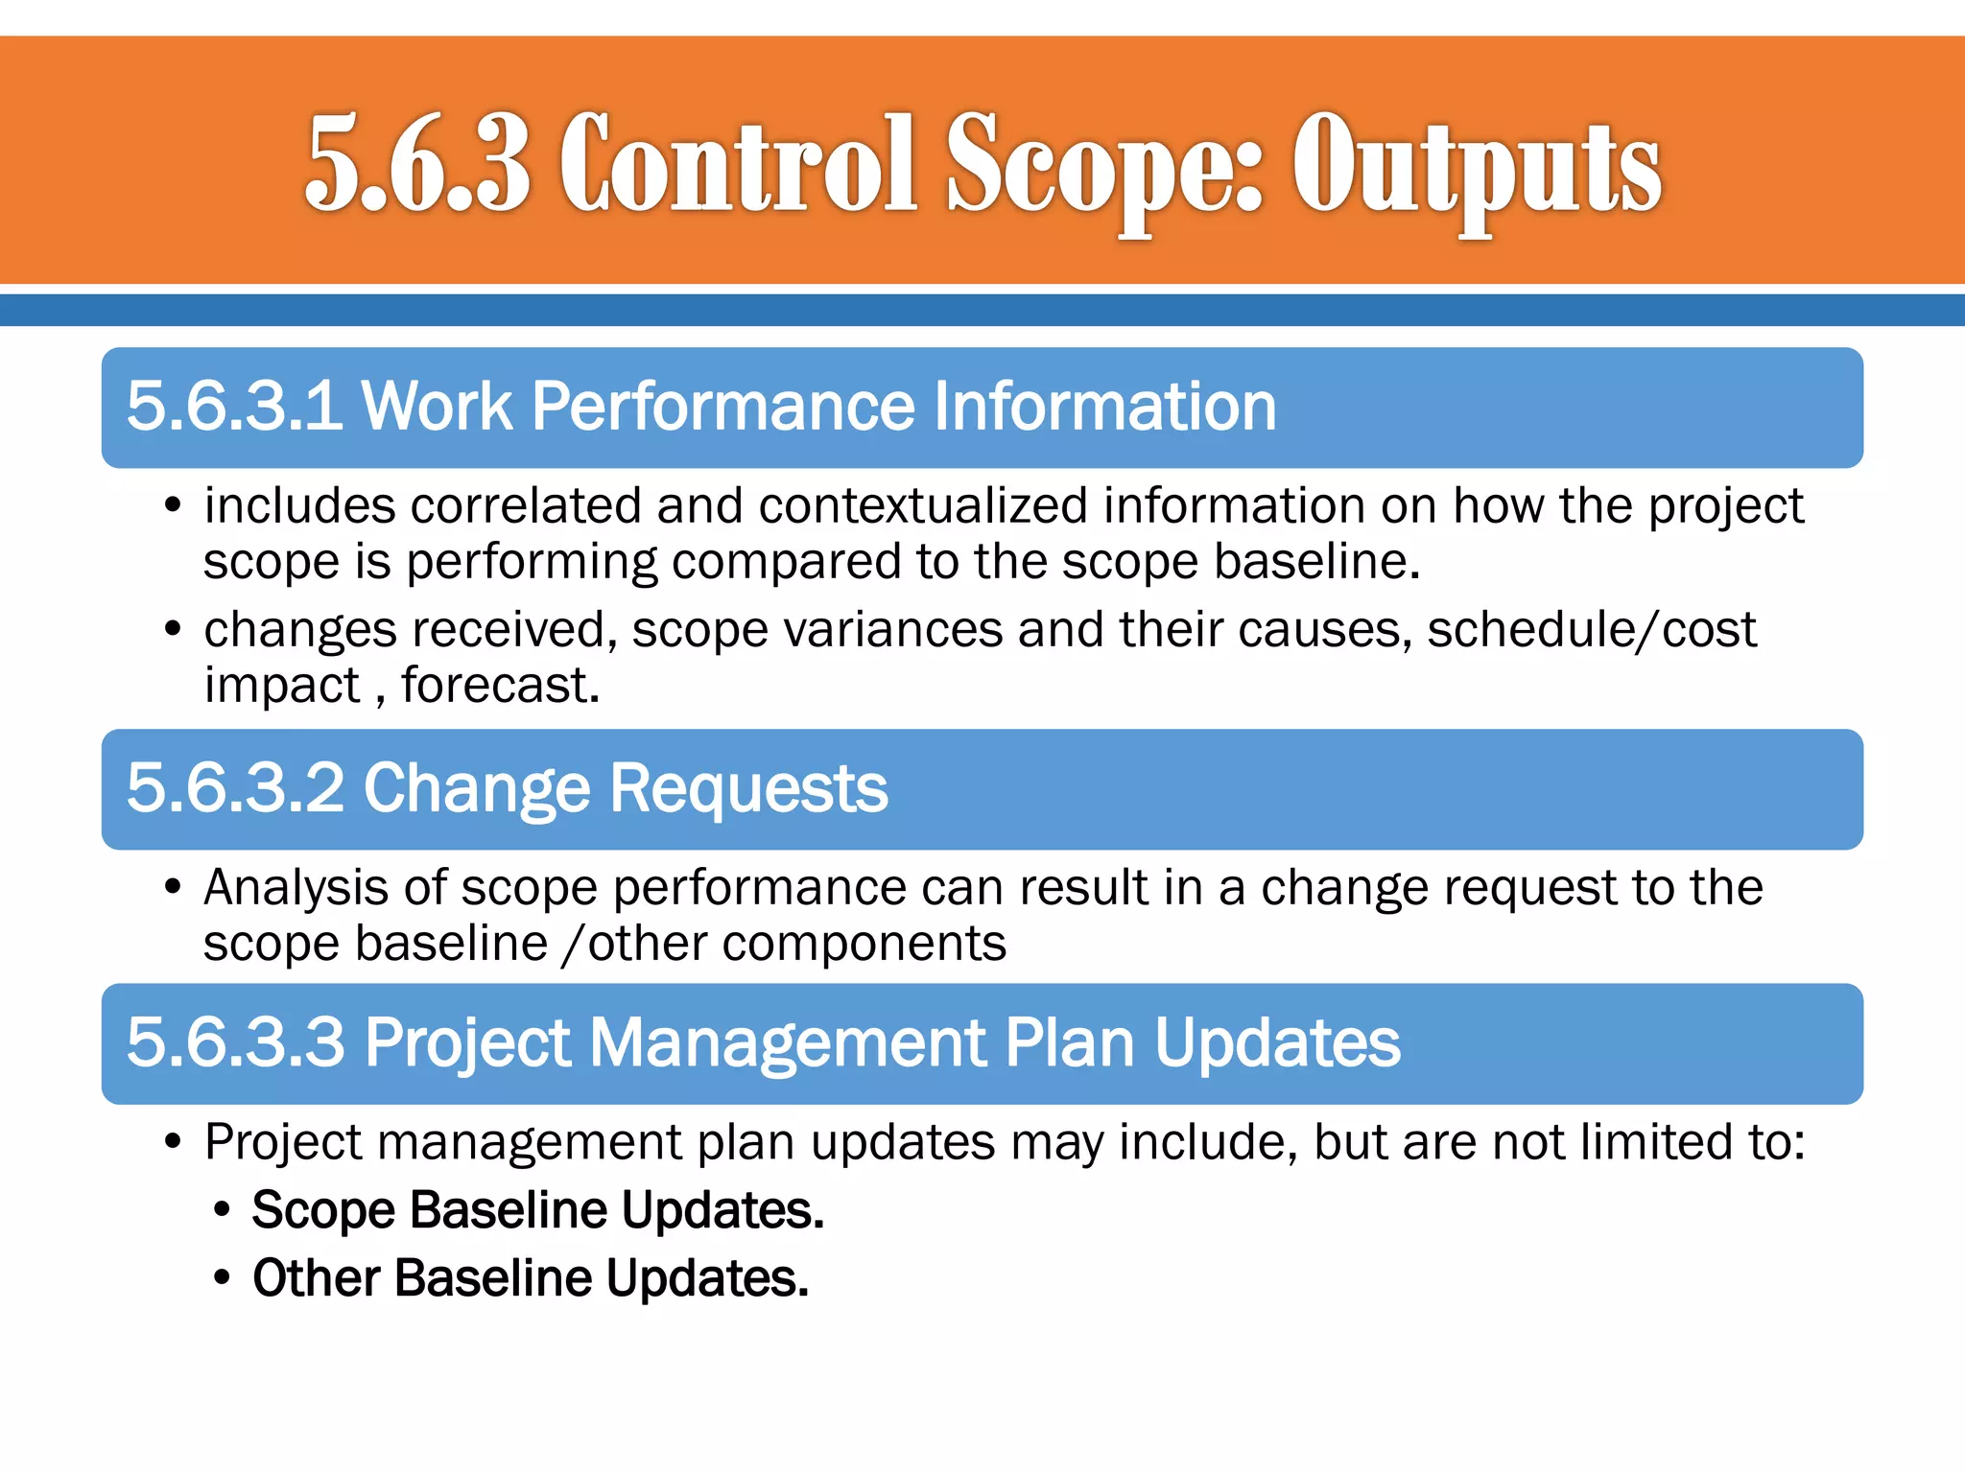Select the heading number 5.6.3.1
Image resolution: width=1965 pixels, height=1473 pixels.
[234, 407]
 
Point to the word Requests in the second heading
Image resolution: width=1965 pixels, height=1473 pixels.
[748, 788]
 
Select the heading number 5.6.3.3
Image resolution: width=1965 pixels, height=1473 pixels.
[235, 1042]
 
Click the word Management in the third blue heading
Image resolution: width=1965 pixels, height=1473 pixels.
[788, 1042]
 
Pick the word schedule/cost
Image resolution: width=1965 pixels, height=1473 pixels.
[1591, 630]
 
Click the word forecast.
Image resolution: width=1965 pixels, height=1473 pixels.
[500, 686]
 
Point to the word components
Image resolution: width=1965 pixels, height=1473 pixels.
[864, 944]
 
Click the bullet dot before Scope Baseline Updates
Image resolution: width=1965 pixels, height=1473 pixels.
[223, 1210]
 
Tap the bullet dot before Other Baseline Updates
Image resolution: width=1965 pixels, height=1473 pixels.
[223, 1278]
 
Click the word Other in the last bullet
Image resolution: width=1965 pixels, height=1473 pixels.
[316, 1278]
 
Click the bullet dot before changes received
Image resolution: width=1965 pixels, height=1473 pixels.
[173, 630]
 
